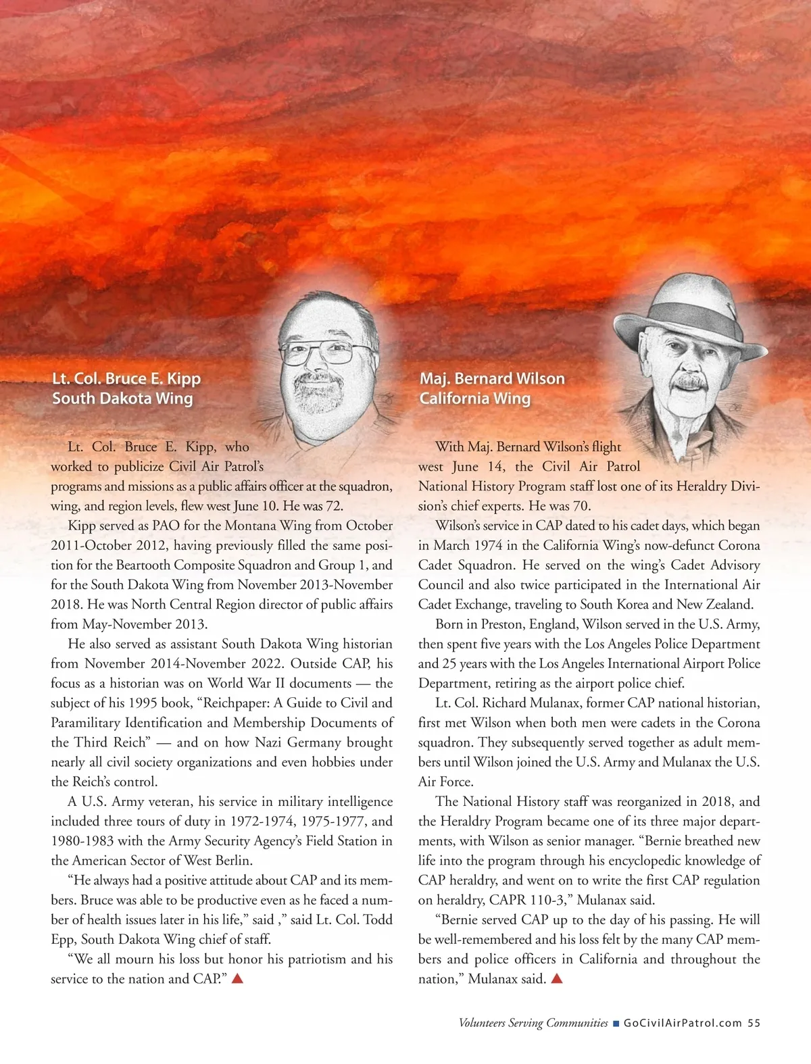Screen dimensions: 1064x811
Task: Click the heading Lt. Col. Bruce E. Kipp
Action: (126, 378)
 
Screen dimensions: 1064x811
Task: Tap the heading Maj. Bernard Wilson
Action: (492, 378)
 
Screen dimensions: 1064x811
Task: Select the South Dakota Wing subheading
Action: (122, 398)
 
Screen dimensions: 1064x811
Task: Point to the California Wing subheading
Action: (474, 398)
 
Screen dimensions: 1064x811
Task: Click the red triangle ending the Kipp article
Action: (237, 978)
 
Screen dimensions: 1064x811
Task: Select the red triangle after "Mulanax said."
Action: (557, 978)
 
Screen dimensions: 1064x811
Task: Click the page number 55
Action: (754, 1023)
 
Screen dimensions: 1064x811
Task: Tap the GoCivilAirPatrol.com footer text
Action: (683, 1023)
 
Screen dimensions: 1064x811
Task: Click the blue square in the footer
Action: (616, 1023)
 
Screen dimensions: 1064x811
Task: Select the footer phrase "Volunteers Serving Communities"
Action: (533, 1023)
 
